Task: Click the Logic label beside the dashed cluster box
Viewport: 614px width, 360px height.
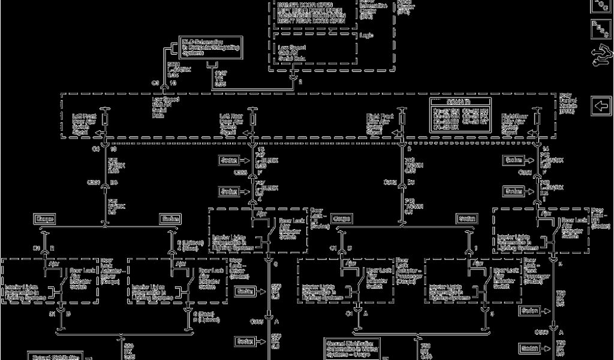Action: (x=366, y=35)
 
